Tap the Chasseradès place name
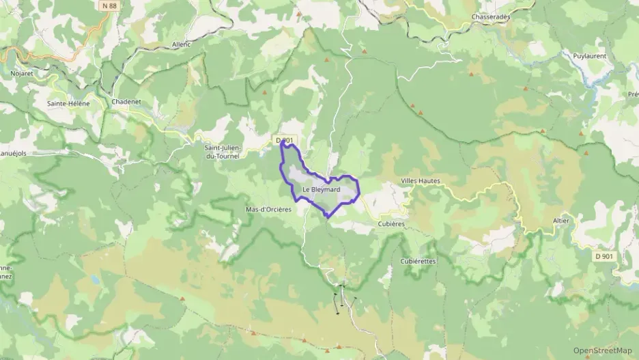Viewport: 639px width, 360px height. point(491,16)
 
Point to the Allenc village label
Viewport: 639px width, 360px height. point(182,44)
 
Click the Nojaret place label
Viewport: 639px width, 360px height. point(22,72)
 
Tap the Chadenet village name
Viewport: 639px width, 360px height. point(126,102)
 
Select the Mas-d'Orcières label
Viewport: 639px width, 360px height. point(268,210)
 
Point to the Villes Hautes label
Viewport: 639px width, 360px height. point(421,181)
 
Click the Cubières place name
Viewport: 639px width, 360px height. point(391,223)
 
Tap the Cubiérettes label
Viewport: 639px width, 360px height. point(418,261)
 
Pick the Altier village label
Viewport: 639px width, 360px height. point(560,221)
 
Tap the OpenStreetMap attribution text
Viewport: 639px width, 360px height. point(602,350)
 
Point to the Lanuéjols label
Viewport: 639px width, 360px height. point(12,153)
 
